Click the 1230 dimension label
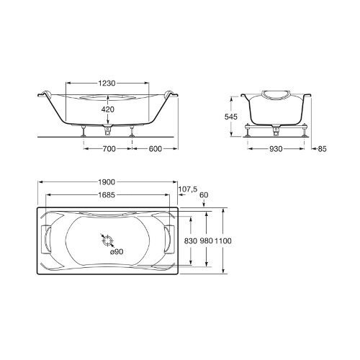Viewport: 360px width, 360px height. coord(107,84)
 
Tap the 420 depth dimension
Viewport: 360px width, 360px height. coord(108,109)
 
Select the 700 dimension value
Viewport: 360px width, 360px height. coord(109,149)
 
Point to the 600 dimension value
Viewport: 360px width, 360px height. coord(156,149)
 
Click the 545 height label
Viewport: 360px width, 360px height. coord(231,117)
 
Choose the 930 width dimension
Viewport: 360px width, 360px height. coord(276,149)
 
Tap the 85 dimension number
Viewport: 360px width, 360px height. coord(323,149)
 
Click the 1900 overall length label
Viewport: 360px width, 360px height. coord(107,182)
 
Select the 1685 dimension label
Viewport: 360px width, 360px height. coord(107,195)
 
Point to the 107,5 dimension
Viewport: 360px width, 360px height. coord(188,189)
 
